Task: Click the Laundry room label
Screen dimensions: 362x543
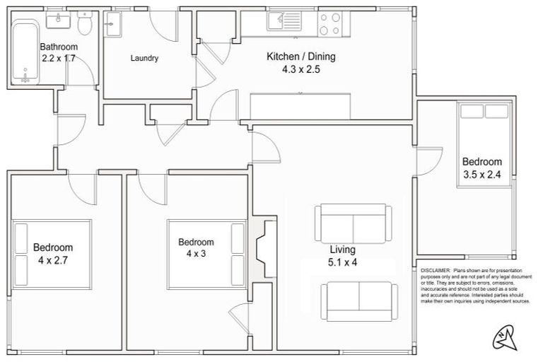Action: point(144,59)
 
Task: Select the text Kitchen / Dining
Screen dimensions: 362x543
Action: point(300,57)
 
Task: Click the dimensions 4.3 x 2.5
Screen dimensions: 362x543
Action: point(300,69)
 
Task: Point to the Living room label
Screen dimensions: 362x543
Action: point(342,250)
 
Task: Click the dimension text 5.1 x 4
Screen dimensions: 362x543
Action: point(343,262)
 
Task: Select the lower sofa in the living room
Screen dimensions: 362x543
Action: point(358,300)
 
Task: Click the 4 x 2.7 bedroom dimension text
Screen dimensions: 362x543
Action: point(52,260)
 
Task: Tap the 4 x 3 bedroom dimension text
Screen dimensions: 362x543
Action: point(196,254)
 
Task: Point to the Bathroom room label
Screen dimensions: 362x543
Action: point(59,47)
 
